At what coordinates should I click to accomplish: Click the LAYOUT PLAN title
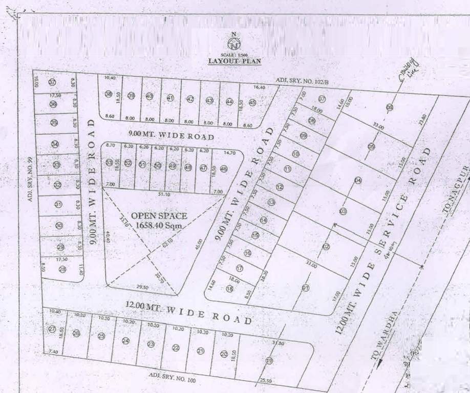tap(234, 61)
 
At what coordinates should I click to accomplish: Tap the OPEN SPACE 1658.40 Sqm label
tap(159, 220)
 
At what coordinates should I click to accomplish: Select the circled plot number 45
tap(252, 102)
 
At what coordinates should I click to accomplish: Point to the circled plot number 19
tap(269, 360)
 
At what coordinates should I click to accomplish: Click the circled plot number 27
tap(52, 329)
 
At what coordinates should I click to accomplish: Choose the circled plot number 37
tap(52, 82)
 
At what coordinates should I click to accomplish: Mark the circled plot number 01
tap(306, 288)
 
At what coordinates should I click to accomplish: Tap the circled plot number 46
tap(223, 168)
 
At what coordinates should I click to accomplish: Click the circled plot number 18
tap(229, 289)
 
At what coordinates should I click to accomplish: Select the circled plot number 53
tap(109, 162)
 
